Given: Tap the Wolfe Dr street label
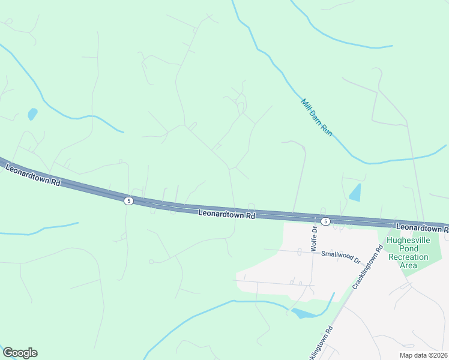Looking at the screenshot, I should click(x=313, y=237).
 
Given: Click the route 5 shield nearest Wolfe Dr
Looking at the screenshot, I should click(x=325, y=221).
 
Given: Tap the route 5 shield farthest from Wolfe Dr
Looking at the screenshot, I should click(x=128, y=200).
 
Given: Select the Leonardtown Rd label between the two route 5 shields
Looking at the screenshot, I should click(x=227, y=213).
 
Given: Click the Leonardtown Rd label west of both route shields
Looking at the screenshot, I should click(x=33, y=175).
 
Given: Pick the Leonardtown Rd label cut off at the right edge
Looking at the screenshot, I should click(x=423, y=228).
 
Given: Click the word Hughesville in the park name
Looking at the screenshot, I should click(x=408, y=240).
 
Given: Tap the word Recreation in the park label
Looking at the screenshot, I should click(x=408, y=257).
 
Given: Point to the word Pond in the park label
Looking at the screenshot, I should click(x=408, y=248).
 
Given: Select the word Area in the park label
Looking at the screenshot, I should click(x=408, y=265).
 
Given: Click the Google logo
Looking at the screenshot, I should click(x=20, y=353).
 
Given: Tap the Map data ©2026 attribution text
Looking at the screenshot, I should click(x=423, y=355).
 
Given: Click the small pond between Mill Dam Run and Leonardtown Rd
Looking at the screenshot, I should click(x=355, y=193).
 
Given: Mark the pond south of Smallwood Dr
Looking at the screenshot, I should click(x=303, y=313).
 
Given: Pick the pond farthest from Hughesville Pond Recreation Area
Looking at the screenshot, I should click(x=32, y=113).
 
